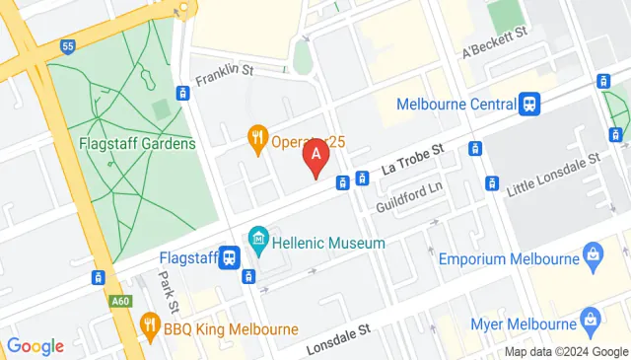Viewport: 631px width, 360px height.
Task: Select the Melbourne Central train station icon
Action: tap(530, 104)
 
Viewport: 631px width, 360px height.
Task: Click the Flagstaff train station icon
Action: tap(229, 257)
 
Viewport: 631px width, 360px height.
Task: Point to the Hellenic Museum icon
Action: tap(258, 240)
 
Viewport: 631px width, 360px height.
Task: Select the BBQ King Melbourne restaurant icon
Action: tap(150, 324)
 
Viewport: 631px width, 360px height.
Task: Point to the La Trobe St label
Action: tap(414, 158)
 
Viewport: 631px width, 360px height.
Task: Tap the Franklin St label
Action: tap(225, 71)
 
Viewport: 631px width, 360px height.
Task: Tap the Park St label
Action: tap(166, 294)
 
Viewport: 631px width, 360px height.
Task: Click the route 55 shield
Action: tap(67, 46)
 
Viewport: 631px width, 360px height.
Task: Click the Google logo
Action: tap(35, 346)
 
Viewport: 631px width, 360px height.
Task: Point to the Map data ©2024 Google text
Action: tap(567, 352)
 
